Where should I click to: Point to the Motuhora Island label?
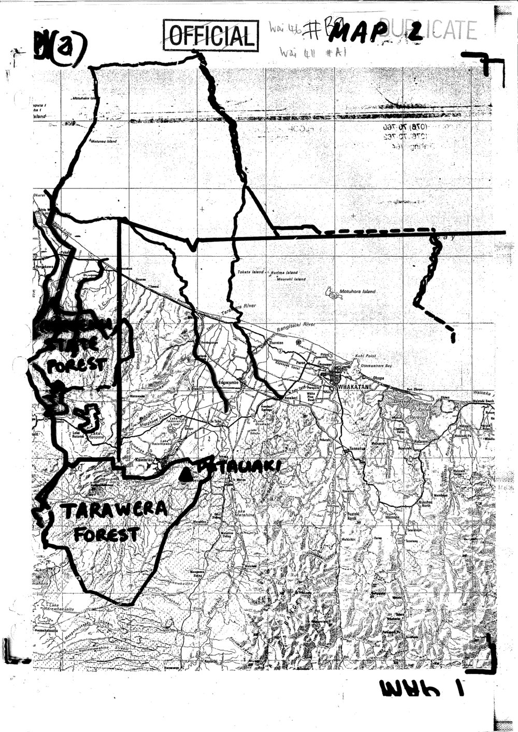coord(357,291)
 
